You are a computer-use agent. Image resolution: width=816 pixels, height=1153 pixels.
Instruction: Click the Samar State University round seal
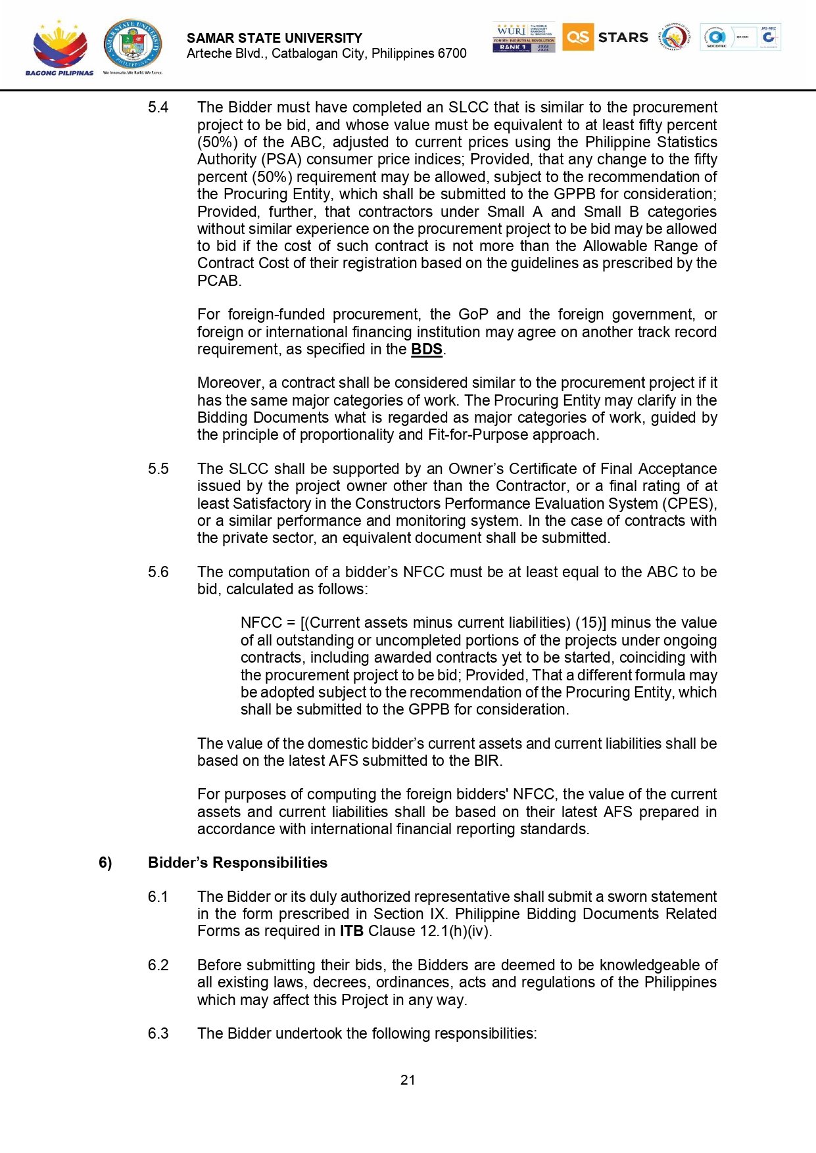tap(132, 44)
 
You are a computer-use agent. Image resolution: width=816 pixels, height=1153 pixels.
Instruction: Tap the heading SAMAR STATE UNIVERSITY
tap(274, 38)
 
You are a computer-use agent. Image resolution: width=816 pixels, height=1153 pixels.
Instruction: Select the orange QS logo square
tap(577, 37)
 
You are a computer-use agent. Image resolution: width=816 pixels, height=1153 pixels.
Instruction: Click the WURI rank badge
tap(523, 37)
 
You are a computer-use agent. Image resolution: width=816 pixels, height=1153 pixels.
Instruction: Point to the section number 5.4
tap(158, 107)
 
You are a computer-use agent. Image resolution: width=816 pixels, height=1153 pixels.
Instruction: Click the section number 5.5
tap(158, 469)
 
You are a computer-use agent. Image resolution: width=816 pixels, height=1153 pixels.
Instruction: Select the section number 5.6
tap(158, 572)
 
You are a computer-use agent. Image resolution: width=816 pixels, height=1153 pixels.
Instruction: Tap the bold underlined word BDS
tap(426, 349)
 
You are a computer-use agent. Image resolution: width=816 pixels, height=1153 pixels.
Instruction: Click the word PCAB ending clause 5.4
tap(218, 281)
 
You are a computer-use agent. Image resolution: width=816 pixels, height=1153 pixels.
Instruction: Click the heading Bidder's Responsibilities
tap(237, 862)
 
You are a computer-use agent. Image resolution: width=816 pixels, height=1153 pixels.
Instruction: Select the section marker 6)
tap(105, 862)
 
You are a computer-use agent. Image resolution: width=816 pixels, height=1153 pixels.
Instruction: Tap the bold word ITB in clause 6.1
tap(351, 931)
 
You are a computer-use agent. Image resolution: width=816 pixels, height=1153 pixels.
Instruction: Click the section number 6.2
tap(158, 965)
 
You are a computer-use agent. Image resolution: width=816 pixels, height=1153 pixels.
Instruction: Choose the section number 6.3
tap(158, 1033)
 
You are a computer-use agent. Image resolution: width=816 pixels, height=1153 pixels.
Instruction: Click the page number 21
tap(408, 1079)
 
